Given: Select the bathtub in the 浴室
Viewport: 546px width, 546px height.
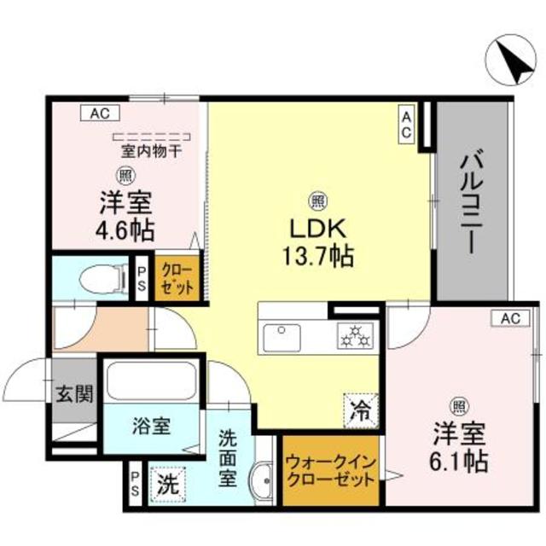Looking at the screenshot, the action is [151, 380].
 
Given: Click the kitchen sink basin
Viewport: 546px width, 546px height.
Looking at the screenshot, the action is [282, 338].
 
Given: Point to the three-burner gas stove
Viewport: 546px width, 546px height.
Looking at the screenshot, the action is [355, 335].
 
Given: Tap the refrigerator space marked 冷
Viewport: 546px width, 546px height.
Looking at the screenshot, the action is [361, 411].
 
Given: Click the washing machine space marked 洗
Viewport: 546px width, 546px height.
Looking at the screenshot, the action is [168, 485].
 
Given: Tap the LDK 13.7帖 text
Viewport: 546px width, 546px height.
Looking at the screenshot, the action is [318, 242].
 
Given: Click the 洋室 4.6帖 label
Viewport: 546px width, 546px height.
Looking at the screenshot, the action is [125, 216].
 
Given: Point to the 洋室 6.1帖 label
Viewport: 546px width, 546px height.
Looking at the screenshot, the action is [459, 447].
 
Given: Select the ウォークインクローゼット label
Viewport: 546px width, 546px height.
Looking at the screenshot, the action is [331, 472].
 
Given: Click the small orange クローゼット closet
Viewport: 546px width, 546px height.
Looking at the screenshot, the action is [177, 279].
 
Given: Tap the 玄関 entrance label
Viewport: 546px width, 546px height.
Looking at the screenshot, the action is [75, 395].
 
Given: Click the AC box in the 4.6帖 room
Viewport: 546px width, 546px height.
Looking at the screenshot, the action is [101, 113].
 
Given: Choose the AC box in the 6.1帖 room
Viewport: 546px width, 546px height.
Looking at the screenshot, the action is [510, 318].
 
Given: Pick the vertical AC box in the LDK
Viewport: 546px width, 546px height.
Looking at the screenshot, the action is [406, 124].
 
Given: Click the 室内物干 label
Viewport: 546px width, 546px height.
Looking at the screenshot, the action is [152, 151].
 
